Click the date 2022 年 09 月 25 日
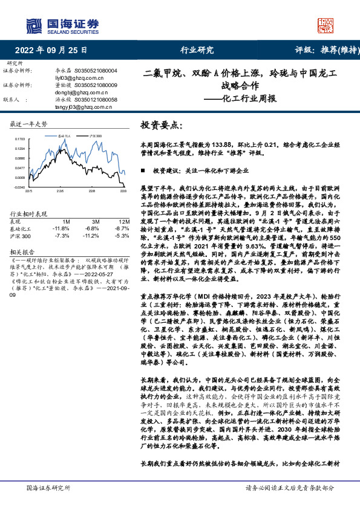[50, 51]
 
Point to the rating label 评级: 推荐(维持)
[324, 51]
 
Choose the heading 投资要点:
[161, 125]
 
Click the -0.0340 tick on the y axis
[19, 187]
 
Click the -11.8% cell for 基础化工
[61, 229]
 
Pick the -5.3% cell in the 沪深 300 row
[122, 235]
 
